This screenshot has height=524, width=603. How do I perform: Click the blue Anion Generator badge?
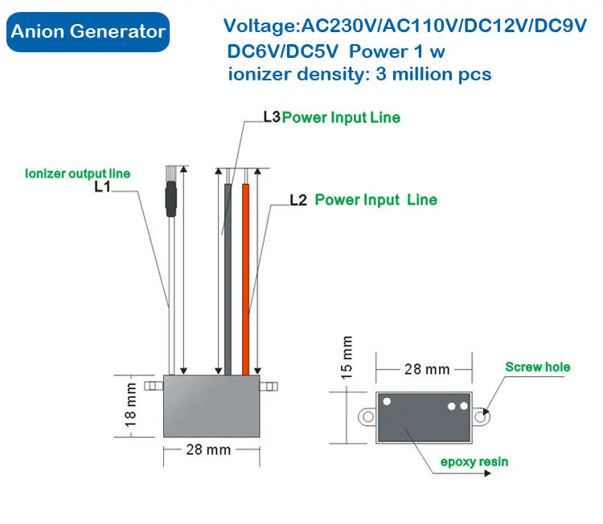click(88, 32)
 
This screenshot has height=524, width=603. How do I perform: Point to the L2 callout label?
click(297, 199)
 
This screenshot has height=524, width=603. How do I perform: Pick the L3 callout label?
click(271, 117)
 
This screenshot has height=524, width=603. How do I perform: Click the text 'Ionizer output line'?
click(77, 173)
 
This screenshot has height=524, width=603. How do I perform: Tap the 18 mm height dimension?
click(130, 406)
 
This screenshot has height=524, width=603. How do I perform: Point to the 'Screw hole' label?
click(537, 367)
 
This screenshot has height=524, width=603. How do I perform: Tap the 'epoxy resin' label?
click(474, 461)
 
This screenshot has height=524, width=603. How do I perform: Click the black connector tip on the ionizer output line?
click(170, 197)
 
